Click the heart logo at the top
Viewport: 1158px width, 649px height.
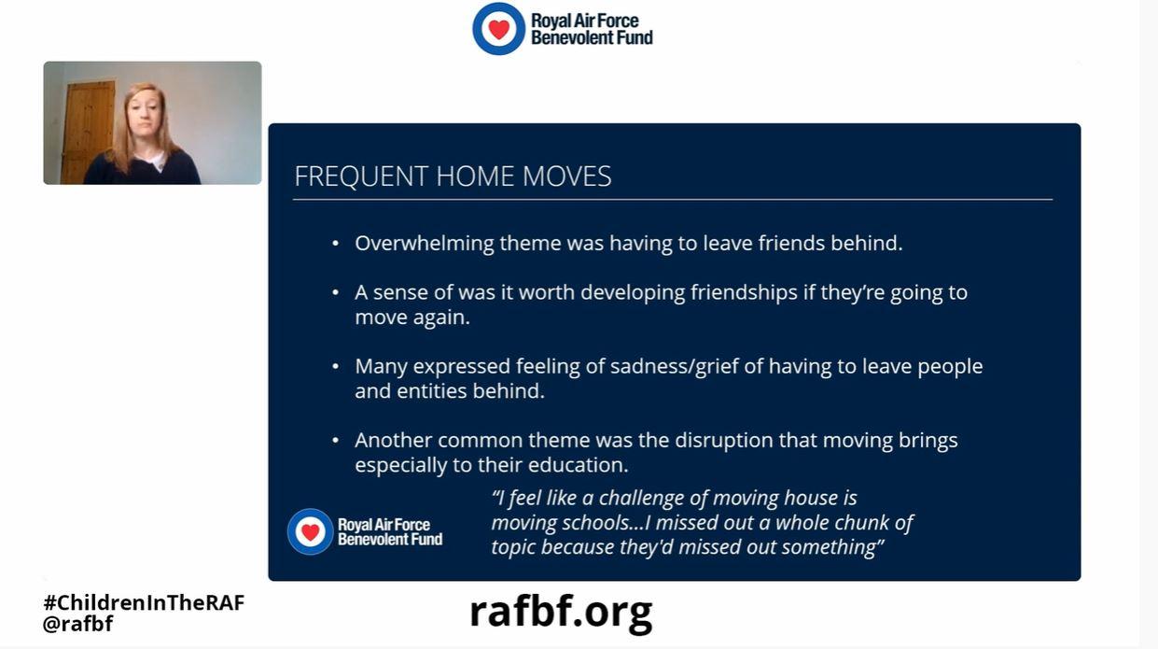[498, 29]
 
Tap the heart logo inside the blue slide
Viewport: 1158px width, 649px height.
[310, 531]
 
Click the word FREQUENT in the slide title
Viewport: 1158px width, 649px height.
[361, 176]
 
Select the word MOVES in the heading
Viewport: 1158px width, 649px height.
[566, 176]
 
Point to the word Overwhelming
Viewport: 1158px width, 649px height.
[424, 243]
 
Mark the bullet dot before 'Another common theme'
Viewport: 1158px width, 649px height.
[336, 441]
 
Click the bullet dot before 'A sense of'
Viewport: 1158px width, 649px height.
[336, 293]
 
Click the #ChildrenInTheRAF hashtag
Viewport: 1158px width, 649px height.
[144, 603]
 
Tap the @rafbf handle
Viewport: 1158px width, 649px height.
[77, 624]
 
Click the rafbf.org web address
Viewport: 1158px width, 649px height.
[561, 614]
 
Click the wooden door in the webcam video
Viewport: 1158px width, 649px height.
[88, 132]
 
